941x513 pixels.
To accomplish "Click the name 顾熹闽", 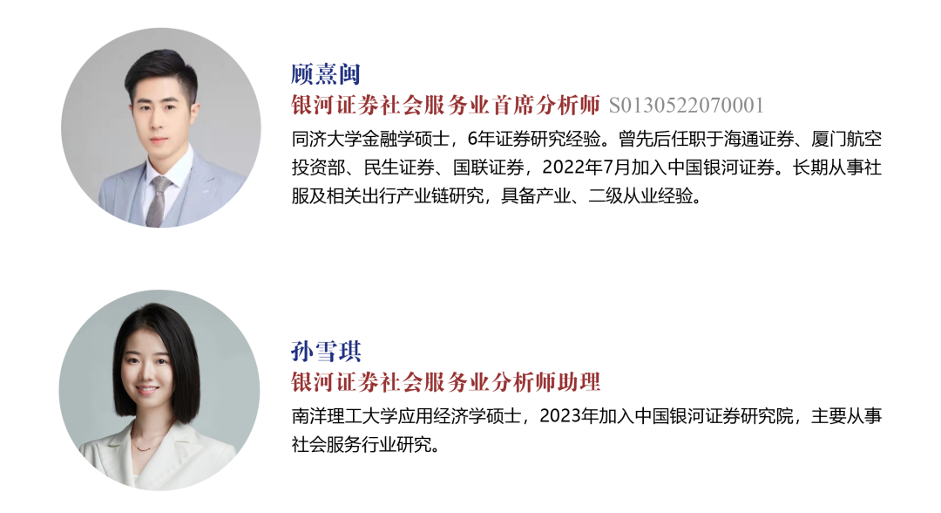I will click(325, 74).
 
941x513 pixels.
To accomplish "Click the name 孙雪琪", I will click(325, 352).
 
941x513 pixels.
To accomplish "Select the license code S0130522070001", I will click(686, 106).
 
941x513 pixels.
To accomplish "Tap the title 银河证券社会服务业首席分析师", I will click(445, 106).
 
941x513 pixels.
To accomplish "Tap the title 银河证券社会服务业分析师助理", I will click(445, 382).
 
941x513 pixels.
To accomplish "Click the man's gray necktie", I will click(157, 201).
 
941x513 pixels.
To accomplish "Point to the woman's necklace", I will click(146, 447).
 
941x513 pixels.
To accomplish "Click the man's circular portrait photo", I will click(160, 127).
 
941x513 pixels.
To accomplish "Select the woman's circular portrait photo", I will click(159, 390).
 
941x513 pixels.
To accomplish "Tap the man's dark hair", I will click(159, 65).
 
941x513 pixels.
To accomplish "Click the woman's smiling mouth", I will click(146, 390).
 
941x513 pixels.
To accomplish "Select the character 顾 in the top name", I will click(301, 74).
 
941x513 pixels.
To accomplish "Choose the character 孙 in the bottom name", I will click(301, 352).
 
